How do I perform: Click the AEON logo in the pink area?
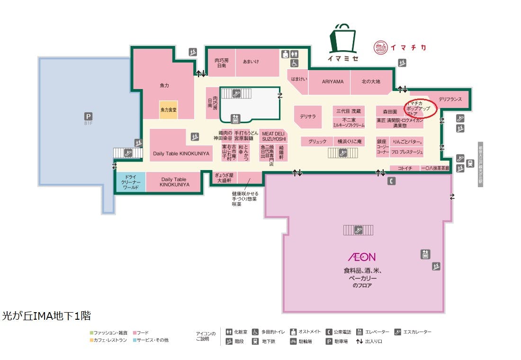362,257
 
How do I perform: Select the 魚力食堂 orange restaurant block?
168,109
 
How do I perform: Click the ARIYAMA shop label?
333,81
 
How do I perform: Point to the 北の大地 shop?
371,81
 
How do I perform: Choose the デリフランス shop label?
450,99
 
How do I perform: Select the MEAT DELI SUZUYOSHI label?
274,136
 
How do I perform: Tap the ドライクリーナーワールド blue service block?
130,182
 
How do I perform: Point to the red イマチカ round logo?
381,47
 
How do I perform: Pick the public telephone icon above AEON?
392,180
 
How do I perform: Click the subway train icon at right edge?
470,163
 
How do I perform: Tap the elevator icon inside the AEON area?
425,254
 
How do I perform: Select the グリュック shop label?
317,142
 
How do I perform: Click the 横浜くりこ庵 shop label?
350,142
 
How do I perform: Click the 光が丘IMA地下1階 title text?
46,315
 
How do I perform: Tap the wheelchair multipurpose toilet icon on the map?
294,63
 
